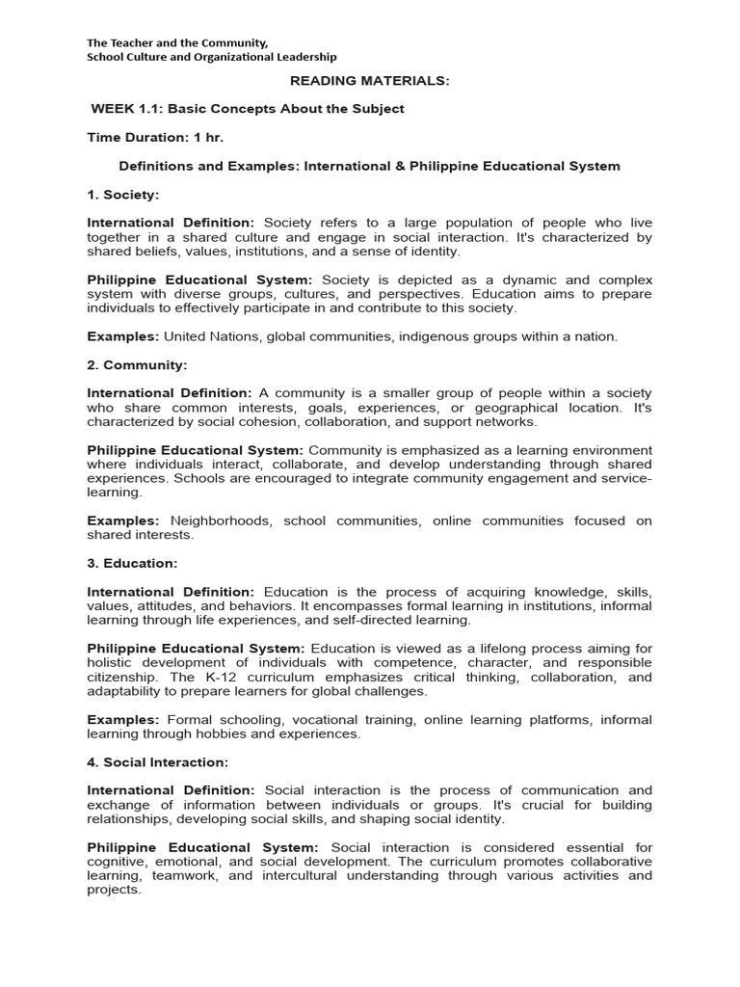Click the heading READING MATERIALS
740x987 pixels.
pyautogui.click(x=370, y=81)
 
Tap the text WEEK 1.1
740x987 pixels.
pyautogui.click(x=125, y=109)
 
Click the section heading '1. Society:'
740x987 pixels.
pyautogui.click(x=123, y=195)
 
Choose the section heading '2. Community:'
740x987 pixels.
pyautogui.click(x=137, y=365)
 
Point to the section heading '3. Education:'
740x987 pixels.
pyautogui.click(x=133, y=563)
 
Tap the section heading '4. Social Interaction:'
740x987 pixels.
pyautogui.click(x=158, y=762)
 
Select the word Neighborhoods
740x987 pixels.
pyautogui.click(x=222, y=520)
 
